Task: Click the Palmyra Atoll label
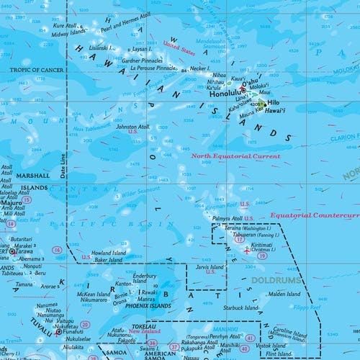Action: coord(226,218)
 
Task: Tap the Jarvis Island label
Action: coord(210,264)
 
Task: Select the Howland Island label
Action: coord(109,253)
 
